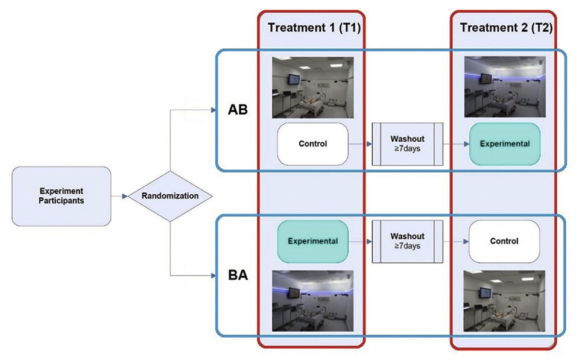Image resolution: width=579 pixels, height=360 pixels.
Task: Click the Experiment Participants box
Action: [x=62, y=195]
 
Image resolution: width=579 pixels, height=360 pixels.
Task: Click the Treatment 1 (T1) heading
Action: [x=311, y=27]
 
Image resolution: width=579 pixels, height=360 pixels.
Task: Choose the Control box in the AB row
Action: [x=313, y=144]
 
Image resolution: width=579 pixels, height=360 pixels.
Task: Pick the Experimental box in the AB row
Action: [x=504, y=144]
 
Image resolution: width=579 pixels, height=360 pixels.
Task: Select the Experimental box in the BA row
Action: [x=312, y=241]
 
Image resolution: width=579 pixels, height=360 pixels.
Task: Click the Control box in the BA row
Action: [x=504, y=241]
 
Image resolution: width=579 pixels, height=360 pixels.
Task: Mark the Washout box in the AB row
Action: [x=408, y=144]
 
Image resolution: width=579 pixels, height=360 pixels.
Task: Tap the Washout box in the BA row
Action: [x=408, y=241]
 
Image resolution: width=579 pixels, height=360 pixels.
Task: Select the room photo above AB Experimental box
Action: [x=505, y=87]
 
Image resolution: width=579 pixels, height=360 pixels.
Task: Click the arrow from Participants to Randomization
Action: [x=119, y=196]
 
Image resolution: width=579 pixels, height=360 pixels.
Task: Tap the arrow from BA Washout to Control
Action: [x=456, y=241]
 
